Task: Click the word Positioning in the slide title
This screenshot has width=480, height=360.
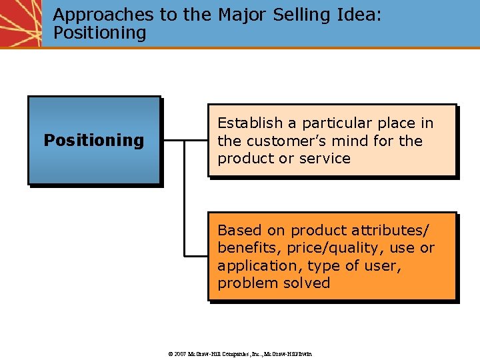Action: [x=99, y=33]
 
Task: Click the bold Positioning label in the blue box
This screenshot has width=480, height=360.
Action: [x=93, y=140]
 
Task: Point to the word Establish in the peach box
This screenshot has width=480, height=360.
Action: [x=249, y=123]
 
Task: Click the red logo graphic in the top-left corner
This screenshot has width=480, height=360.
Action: [x=20, y=23]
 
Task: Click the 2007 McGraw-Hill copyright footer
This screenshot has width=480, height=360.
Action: [x=240, y=353]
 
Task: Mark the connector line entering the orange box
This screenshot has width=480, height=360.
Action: [x=196, y=255]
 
